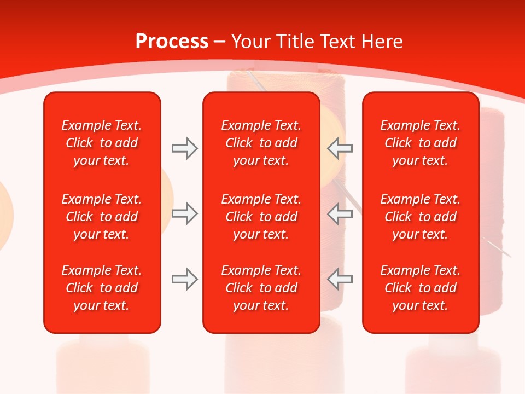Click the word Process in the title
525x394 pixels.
[172, 42]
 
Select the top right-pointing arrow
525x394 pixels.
[184, 148]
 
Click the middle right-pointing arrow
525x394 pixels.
[184, 213]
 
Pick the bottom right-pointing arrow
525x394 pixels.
[184, 279]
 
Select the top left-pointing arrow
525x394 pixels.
[340, 148]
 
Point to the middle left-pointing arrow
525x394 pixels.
[340, 213]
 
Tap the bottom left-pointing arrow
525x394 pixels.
[340, 279]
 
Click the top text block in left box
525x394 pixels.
[102, 143]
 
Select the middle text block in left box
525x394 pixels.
[102, 217]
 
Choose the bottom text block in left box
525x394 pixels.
[102, 288]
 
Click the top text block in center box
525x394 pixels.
[261, 143]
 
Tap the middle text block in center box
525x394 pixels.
[261, 217]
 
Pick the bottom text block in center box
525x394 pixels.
[261, 288]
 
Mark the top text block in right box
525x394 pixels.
[420, 143]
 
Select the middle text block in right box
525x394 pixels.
[420, 217]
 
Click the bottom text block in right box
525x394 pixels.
[420, 288]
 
